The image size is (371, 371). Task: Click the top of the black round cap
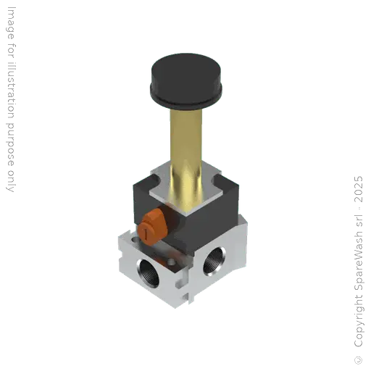[185, 70]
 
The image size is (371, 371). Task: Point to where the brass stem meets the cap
[187, 109]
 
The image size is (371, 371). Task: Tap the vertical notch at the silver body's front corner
[187, 286]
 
